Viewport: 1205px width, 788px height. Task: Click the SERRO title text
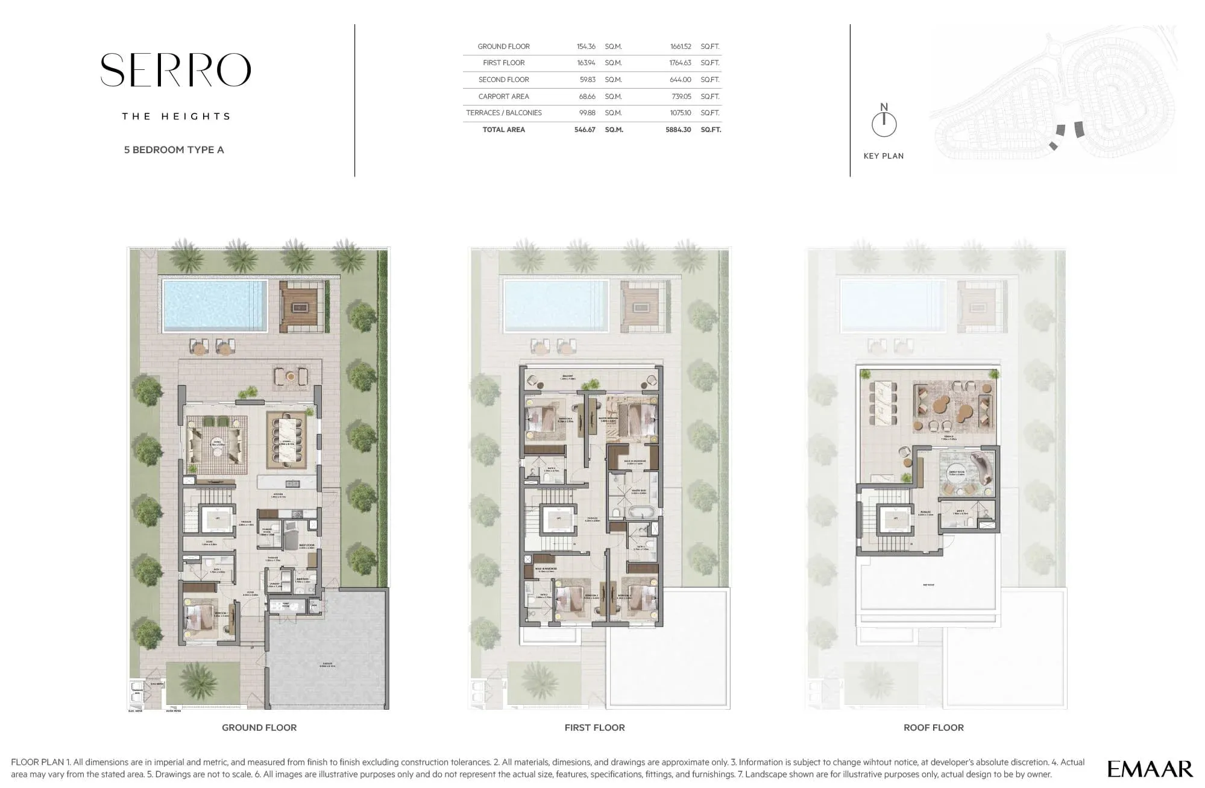[175, 70]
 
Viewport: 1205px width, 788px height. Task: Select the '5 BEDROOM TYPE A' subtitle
[174, 150]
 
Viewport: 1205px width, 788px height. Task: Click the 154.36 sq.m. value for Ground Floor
[585, 46]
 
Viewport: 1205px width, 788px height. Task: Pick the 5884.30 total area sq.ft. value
[678, 130]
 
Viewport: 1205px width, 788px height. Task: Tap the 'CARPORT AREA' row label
[503, 96]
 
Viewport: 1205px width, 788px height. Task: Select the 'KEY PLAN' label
[883, 156]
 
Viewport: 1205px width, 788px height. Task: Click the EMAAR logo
[1150, 769]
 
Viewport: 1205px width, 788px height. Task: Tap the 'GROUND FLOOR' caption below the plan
[259, 728]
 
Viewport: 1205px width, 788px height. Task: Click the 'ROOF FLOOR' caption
[933, 728]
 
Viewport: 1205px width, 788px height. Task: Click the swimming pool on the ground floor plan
[215, 306]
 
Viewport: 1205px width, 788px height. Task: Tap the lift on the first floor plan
[559, 518]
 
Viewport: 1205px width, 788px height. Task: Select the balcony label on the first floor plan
[567, 376]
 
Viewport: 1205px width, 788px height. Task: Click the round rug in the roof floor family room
[957, 474]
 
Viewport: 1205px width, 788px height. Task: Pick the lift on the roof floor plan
[895, 518]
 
